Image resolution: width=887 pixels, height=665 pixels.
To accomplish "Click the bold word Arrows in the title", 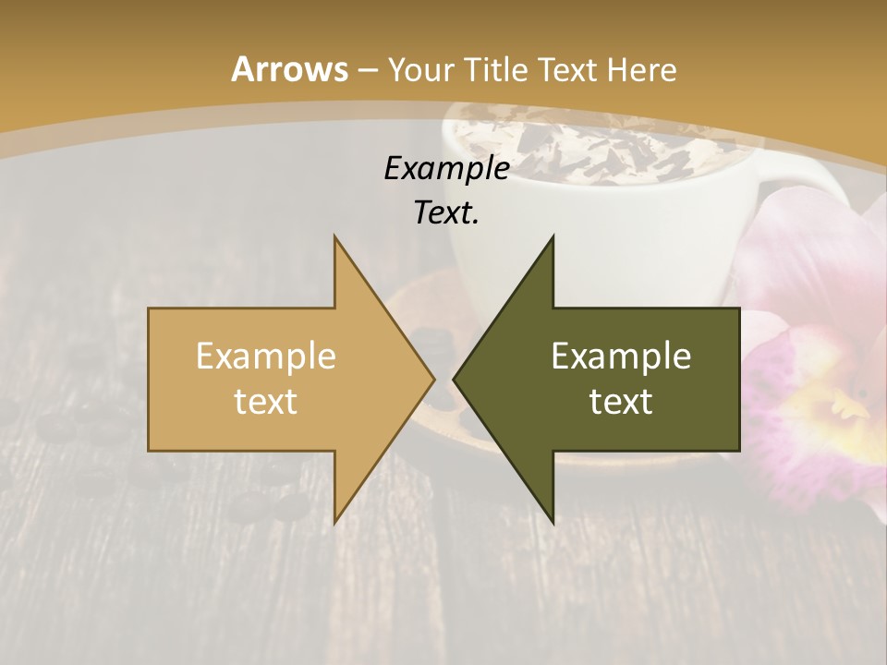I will point(289,69).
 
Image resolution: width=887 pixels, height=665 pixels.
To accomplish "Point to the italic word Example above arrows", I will point(446,168).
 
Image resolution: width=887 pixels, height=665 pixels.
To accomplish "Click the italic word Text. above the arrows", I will point(446,212).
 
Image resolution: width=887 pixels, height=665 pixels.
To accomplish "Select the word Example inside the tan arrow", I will point(265,356).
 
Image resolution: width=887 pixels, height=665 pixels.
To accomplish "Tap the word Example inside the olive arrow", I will point(621,356).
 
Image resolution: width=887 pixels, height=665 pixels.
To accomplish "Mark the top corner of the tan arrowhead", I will point(335,237).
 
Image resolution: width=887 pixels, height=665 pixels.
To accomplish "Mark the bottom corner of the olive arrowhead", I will point(553,522).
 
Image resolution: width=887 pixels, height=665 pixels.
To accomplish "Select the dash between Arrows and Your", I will point(367,71).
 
